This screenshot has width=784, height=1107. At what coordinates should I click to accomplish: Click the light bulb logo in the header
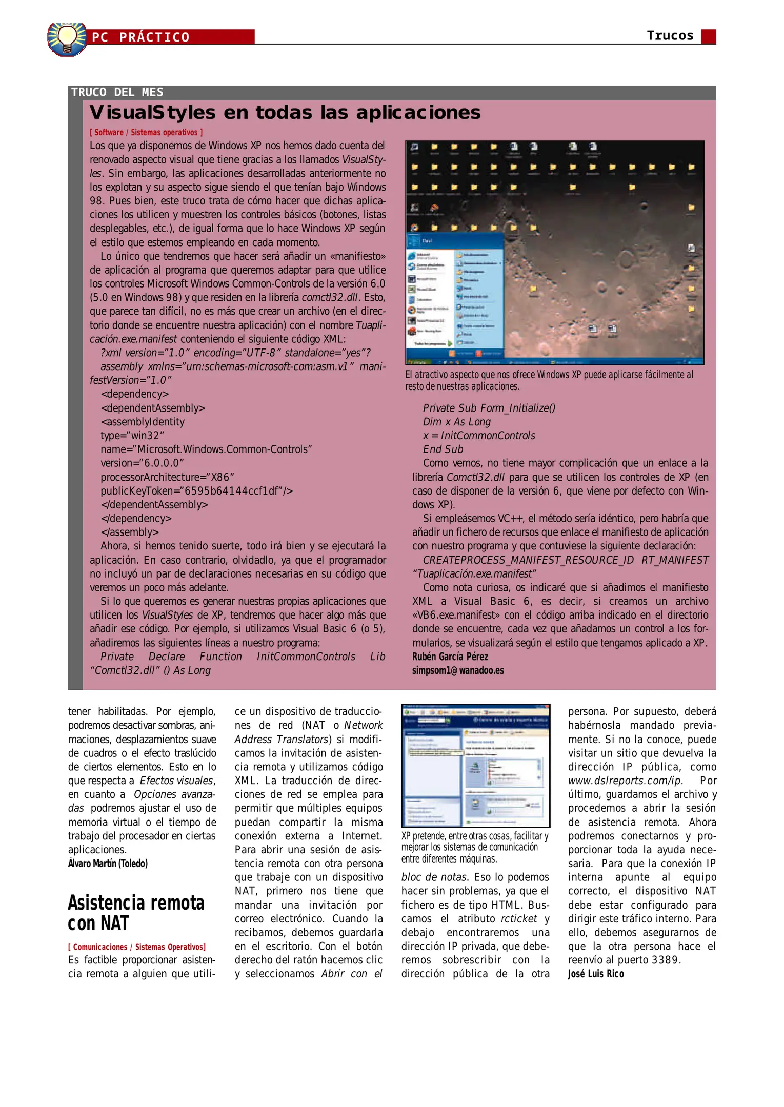[67, 39]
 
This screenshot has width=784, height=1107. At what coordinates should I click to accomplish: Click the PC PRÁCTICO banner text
[140, 37]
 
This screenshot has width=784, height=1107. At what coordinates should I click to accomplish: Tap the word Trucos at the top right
[670, 35]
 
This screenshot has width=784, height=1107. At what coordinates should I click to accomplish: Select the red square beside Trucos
[708, 36]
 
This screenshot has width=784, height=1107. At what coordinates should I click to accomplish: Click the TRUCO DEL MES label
[117, 92]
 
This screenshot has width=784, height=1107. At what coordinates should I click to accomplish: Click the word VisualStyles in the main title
[152, 112]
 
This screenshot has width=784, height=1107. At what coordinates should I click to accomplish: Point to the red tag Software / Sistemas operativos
[146, 132]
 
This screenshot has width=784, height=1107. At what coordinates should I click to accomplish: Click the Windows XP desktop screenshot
[554, 252]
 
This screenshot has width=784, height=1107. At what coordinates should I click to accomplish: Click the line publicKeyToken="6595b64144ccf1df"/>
[196, 491]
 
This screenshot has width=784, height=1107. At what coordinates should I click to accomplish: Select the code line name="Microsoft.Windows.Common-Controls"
[206, 449]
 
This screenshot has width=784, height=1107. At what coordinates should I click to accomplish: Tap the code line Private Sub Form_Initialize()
[489, 408]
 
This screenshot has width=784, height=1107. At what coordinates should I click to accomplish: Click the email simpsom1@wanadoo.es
[458, 670]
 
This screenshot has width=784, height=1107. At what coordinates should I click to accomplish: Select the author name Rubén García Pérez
[450, 657]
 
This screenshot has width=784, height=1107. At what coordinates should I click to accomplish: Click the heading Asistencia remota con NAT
[136, 913]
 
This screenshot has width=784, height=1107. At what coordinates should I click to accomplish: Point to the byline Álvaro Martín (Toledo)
[108, 864]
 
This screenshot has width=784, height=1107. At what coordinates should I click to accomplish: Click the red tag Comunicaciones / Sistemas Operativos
[137, 947]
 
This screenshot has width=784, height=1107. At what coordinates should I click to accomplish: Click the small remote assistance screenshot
[475, 765]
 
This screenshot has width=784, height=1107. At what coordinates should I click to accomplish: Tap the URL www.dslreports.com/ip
[625, 781]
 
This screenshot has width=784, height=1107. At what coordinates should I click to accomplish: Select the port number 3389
[664, 960]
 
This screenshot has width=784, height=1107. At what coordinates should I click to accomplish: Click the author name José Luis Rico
[595, 974]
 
